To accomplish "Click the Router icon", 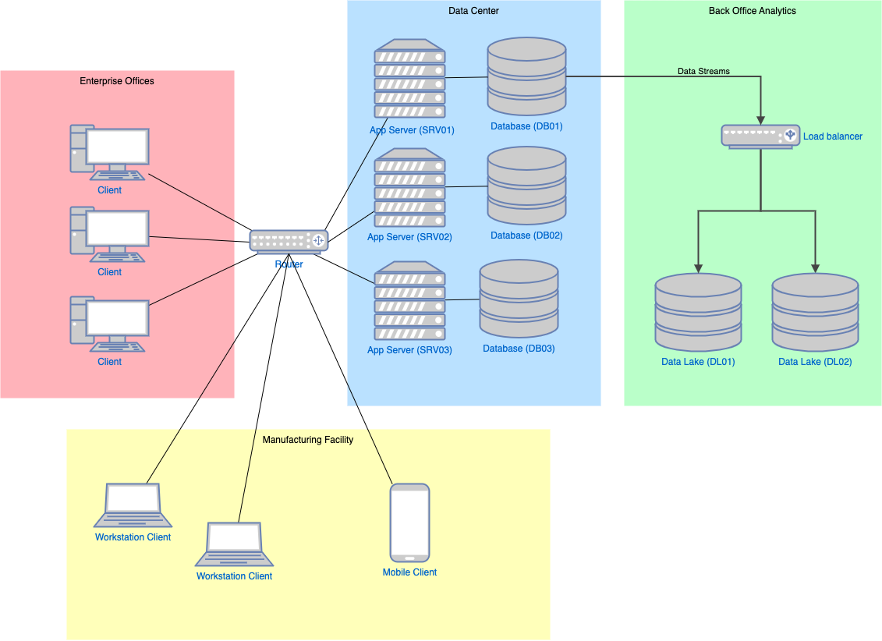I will [289, 241].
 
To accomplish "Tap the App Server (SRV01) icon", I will [409, 78].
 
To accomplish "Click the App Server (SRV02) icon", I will [409, 187].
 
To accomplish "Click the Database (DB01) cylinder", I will [526, 76].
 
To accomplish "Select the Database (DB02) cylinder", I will [526, 186].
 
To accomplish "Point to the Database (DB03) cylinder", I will [519, 299].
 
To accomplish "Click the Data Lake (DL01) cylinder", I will [698, 312].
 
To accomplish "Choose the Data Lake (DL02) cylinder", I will [815, 312].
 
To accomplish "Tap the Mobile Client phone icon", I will [409, 522].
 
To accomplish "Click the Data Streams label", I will [703, 71].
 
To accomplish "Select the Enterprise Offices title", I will [117, 81].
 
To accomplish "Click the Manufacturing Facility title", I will [308, 440].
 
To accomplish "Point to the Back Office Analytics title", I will [752, 11].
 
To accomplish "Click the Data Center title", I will [473, 11].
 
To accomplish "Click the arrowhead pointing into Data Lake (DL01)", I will [698, 267].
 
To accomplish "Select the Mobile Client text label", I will [409, 572].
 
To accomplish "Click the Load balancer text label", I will [833, 136].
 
